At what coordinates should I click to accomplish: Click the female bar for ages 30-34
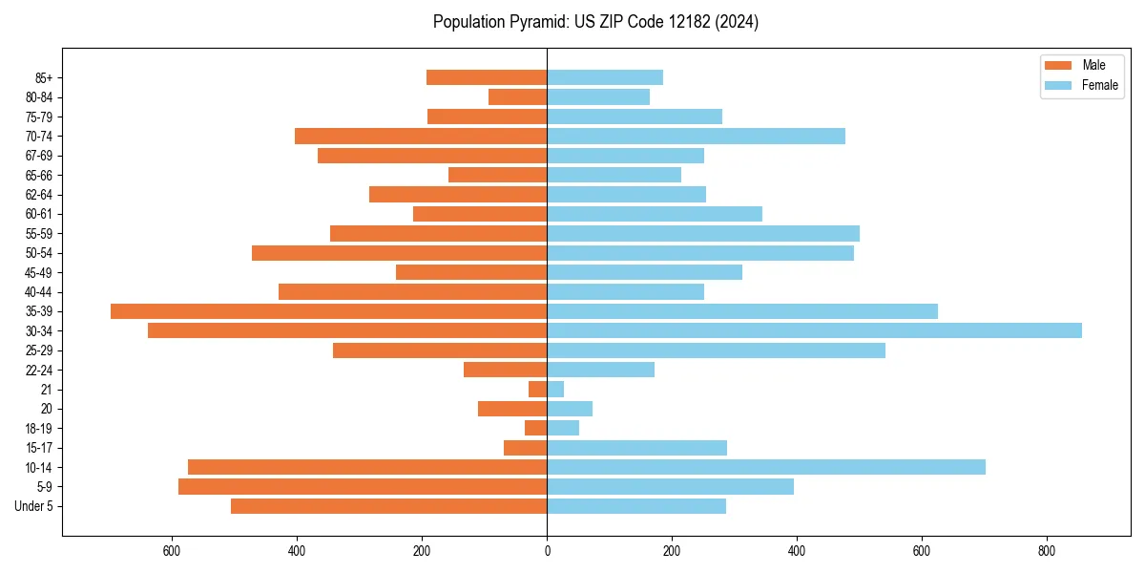814,330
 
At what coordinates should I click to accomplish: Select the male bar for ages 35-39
328,311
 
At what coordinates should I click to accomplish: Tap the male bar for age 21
537,389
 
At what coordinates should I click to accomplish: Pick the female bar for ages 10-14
765,467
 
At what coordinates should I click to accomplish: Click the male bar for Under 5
388,506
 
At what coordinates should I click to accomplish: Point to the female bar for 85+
605,77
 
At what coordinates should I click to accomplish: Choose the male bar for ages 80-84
517,96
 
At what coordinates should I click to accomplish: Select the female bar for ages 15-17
636,448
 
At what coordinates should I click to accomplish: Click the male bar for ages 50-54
399,253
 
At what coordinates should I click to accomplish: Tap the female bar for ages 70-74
696,136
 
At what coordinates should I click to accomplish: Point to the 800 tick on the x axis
1047,551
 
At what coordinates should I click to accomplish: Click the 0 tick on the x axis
547,551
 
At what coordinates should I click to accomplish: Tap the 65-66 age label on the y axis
39,175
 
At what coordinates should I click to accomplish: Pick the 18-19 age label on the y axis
39,428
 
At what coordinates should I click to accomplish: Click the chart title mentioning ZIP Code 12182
595,22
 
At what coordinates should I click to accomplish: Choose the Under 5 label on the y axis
34,506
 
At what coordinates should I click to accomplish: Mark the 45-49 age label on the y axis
39,272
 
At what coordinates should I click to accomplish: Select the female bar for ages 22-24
600,370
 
